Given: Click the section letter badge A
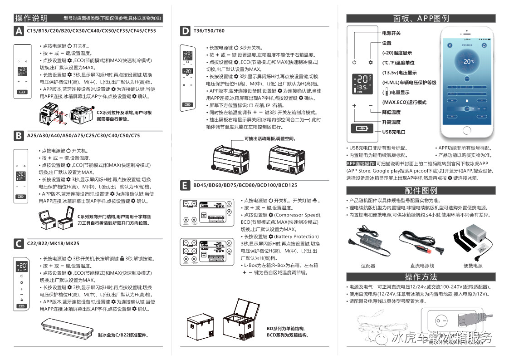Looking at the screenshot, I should pos(19,31).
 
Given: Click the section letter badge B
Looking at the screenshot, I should pos(19,135).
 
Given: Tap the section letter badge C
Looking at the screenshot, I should pos(19,244).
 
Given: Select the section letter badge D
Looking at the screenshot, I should pos(185,31).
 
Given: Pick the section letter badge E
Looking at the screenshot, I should pos(185,185).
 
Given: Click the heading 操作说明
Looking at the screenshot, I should pos(31,18).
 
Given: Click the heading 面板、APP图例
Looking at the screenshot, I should pos(421,18).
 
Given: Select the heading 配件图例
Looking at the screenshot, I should pos(421,191).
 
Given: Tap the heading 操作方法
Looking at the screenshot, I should pos(421,277).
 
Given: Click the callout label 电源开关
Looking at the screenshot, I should pos(391,33).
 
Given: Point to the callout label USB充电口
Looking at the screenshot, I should pos(393,132).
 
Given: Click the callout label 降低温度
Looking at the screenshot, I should pos(391,112).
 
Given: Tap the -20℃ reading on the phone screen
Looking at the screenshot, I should pos(467,61).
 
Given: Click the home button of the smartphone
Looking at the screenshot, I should pos(467,130).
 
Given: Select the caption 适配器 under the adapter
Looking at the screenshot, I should pos(367,266).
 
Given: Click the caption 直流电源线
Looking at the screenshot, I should pos(422,266).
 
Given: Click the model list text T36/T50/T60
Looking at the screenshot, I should pos(209,31).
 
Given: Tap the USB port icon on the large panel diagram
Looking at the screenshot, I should pos(362,128).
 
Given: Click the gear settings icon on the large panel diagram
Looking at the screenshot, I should pos(371,62).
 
